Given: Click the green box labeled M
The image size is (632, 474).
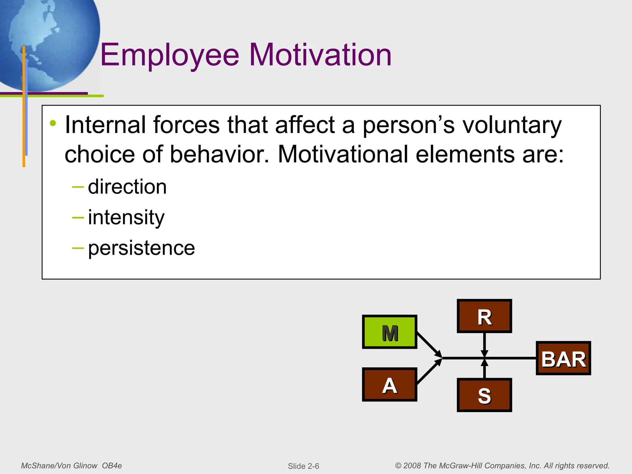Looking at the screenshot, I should (x=389, y=332).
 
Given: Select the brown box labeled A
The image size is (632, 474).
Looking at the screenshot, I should (x=389, y=385).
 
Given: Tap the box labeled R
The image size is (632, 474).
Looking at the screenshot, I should (x=484, y=316).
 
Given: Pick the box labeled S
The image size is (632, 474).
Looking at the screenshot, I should (x=484, y=395).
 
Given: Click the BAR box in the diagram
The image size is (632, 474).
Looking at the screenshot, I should (x=563, y=358).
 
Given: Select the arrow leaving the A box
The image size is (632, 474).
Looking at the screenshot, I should (x=429, y=372).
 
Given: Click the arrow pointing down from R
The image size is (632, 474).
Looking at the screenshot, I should (x=484, y=344).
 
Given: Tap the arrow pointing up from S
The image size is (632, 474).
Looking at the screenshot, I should (x=484, y=369).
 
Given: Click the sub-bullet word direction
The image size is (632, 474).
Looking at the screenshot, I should (x=127, y=187).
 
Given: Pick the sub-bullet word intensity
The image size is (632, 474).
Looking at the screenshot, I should (x=126, y=218).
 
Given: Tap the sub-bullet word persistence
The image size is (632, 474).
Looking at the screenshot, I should (x=141, y=248).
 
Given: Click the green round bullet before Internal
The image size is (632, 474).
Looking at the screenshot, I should (x=53, y=123).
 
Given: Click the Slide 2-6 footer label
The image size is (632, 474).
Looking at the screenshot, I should (x=303, y=466).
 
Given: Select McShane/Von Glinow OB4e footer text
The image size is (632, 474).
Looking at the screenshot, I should (x=71, y=466).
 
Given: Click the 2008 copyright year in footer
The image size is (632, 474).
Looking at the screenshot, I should (x=412, y=466).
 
